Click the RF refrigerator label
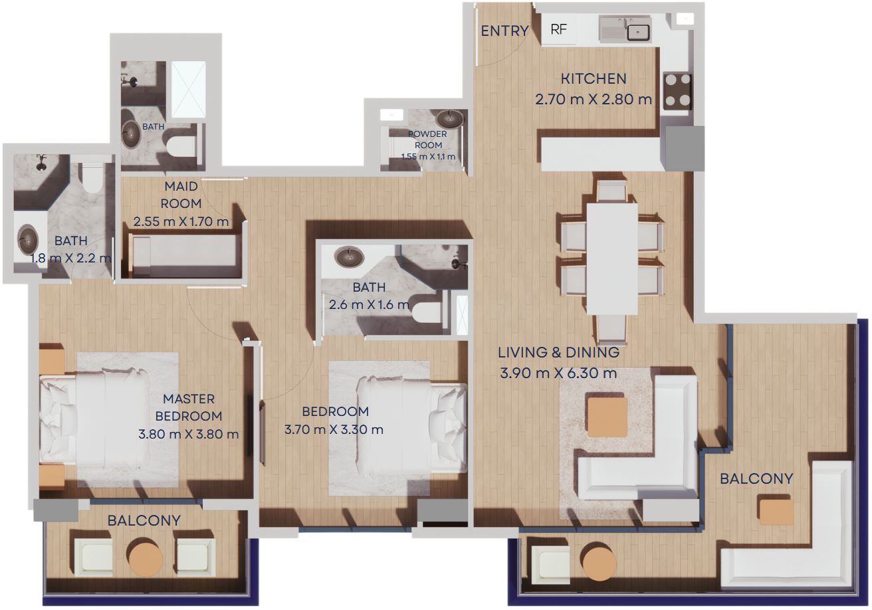coord(558,29)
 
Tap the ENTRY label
coord(504,31)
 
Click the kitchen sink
coord(625,29)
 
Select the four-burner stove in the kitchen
coord(678,92)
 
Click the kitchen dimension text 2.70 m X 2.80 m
coord(594,99)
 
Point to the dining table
coord(612,259)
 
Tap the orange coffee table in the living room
coord(607,417)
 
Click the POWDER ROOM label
coord(428,140)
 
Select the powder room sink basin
coord(449,119)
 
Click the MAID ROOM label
coord(181,195)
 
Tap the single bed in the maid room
coord(185,256)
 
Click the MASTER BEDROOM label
coord(189,407)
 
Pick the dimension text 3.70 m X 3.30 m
coord(334,429)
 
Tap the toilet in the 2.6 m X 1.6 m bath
coord(428,312)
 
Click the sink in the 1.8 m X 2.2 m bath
coord(28,239)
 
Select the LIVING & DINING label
coord(558,352)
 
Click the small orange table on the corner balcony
coord(776,512)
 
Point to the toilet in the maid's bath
coord(181,146)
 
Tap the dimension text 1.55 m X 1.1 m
coord(428,157)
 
